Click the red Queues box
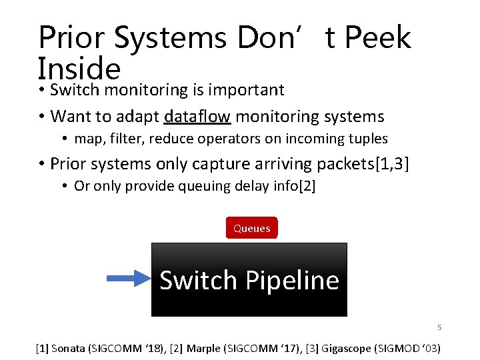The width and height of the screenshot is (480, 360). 251,228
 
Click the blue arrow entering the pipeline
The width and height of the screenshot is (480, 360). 129,279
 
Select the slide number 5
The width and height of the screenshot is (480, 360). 439,327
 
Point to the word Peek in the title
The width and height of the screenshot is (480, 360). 377,38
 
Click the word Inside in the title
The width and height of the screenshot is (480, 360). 79,68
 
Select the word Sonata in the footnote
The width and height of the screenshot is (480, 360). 69,348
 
